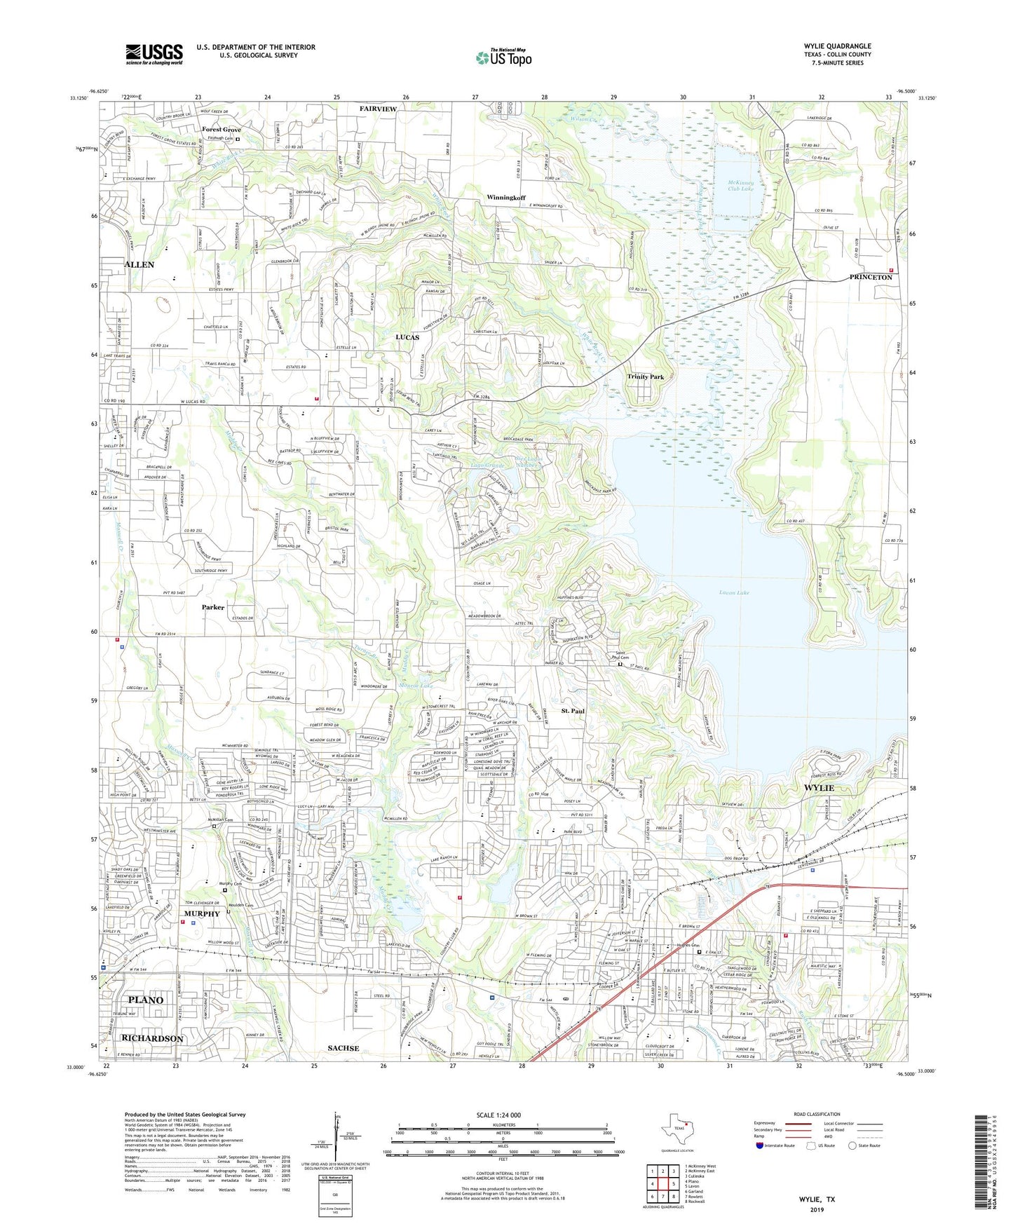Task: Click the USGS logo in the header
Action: pyautogui.click(x=154, y=54)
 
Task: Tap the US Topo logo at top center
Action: pyautogui.click(x=503, y=57)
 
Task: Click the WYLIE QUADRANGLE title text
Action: pyautogui.click(x=837, y=46)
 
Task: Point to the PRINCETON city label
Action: pyautogui.click(x=870, y=277)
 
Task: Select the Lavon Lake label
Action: pyautogui.click(x=733, y=592)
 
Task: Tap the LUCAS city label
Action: pyautogui.click(x=407, y=337)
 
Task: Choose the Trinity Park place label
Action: pyautogui.click(x=645, y=376)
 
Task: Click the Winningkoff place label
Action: pyautogui.click(x=505, y=198)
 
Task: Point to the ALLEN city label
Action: pyautogui.click(x=139, y=264)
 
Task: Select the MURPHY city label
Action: pyautogui.click(x=202, y=913)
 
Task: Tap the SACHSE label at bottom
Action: pyautogui.click(x=344, y=1048)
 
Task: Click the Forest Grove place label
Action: pyautogui.click(x=221, y=130)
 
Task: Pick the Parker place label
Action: pyautogui.click(x=212, y=607)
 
